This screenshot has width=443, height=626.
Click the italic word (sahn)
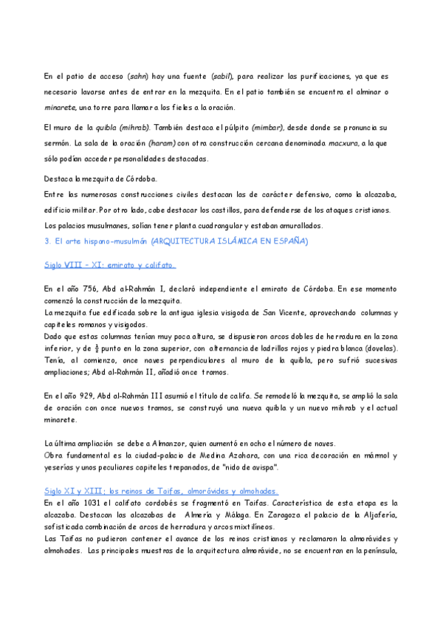click(138, 76)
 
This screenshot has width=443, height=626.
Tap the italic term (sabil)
click(222, 76)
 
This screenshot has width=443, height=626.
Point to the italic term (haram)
click(162, 142)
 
